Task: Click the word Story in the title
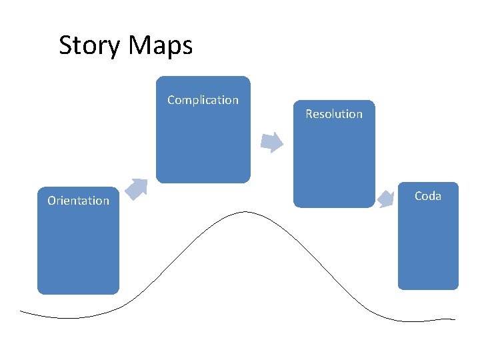click(90, 46)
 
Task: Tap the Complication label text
click(203, 100)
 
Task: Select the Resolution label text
click(334, 114)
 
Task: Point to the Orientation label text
click(78, 201)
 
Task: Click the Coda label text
click(428, 196)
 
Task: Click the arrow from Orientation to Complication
click(137, 189)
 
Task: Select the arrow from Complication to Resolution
click(271, 142)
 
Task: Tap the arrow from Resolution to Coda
click(386, 199)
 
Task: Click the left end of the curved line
click(22, 311)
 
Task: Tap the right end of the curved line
click(455, 319)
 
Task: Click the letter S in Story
click(65, 46)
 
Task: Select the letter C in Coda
click(418, 196)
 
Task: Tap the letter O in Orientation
click(51, 201)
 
